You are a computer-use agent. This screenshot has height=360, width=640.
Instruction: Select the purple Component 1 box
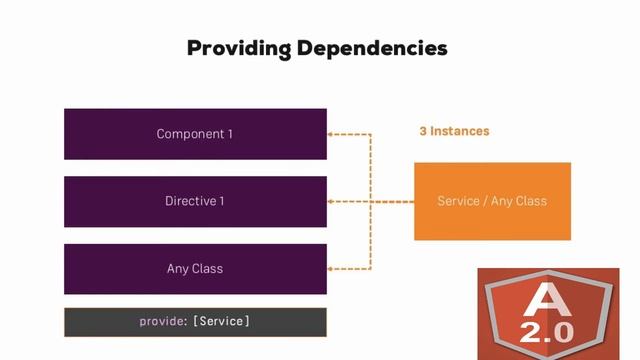pos(195,134)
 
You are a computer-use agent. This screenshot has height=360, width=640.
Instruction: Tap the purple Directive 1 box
pos(195,201)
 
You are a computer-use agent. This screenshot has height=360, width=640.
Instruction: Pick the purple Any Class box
pos(195,268)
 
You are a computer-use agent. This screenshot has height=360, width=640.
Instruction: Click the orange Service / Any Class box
pos(492,201)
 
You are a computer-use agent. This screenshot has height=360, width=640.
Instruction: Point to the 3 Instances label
pos(454,131)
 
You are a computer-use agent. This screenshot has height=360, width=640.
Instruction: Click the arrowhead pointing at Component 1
pos(333,134)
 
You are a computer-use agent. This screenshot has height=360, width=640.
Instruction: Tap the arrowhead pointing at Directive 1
pos(333,201)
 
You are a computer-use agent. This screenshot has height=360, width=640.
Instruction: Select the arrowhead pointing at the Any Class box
pos(333,268)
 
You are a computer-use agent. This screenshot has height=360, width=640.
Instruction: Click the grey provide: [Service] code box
pos(195,321)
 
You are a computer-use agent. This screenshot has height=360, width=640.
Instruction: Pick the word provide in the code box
pos(162,321)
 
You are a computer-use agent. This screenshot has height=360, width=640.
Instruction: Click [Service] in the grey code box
pos(221,321)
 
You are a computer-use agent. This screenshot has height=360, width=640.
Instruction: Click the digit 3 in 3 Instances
pos(423,131)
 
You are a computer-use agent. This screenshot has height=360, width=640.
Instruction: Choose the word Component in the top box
pos(189,134)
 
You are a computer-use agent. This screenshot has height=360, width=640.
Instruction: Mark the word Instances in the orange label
pos(460,131)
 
